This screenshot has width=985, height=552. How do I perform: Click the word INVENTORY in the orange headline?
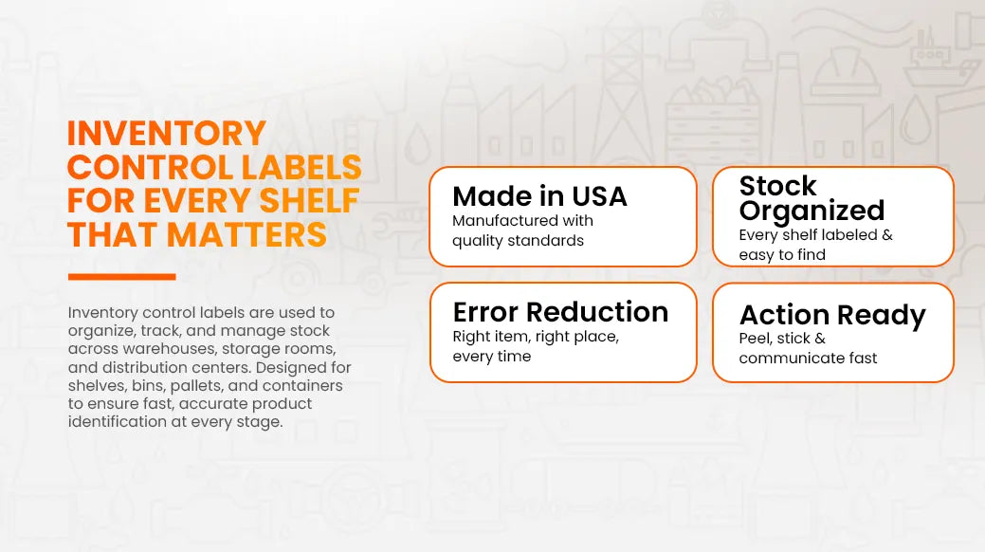point(167,134)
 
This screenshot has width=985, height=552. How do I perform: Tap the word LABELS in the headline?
point(301,167)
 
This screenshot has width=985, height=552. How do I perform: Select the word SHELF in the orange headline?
point(309,200)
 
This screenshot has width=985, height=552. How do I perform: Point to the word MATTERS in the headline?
point(246,234)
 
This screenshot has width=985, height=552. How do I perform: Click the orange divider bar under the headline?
point(122,277)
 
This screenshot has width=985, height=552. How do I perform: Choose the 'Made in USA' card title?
point(539,196)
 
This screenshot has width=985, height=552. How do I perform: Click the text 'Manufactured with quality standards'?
point(522,230)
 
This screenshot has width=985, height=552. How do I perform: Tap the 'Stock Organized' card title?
point(812,198)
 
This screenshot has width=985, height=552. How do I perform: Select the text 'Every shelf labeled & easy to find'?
point(815,245)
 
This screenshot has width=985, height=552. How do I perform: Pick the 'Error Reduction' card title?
point(560,312)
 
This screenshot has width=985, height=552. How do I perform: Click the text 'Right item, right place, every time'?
point(536,346)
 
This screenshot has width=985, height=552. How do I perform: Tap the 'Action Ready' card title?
point(832,314)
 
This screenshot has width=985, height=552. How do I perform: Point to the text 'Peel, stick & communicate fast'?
point(808,348)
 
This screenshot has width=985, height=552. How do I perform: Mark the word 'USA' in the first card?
point(599,196)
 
